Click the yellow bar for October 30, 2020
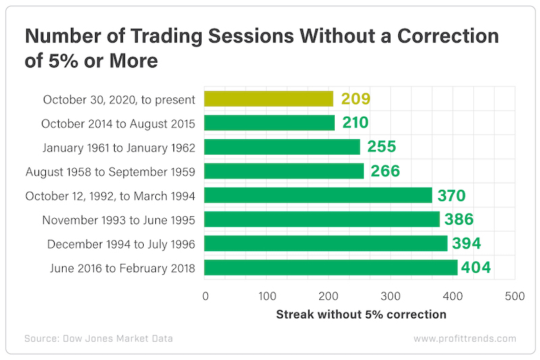click(269, 99)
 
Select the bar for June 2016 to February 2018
click(331, 268)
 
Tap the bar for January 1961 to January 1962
click(282, 147)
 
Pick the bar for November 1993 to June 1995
click(322, 220)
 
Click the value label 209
click(355, 99)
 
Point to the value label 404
click(476, 268)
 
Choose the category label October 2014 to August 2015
click(118, 124)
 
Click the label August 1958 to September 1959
click(111, 172)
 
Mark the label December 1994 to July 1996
click(121, 244)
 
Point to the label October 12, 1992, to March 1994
click(110, 196)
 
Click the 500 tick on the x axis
click(514, 296)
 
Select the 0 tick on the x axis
click(205, 296)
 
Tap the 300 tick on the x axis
click(391, 296)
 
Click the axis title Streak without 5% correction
click(361, 314)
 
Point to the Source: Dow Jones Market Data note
click(99, 338)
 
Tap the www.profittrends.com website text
click(464, 338)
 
